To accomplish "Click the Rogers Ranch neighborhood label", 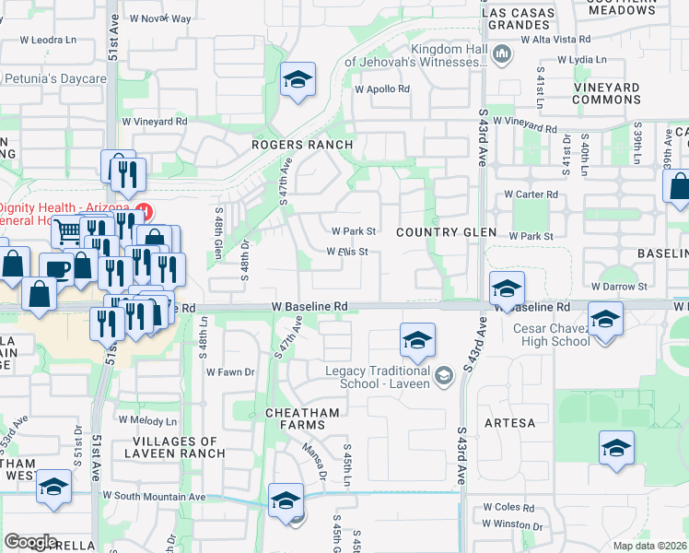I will coord(303,145).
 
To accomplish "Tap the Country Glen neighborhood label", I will coord(447,232).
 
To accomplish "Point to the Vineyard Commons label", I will coord(606,93).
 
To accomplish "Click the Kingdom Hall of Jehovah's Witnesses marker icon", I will coord(501,55).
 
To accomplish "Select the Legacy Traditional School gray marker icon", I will coord(444,373).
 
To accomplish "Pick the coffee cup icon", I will coord(56,267).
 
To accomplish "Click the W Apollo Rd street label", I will coord(381,89).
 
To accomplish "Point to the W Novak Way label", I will coord(160,18).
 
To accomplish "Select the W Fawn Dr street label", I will coord(230,372).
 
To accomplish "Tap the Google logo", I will coord(30,542).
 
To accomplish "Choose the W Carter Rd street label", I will coord(531,194).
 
